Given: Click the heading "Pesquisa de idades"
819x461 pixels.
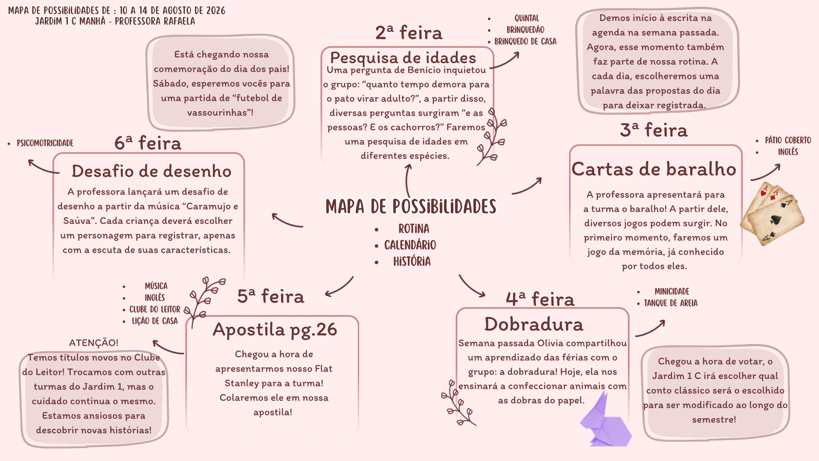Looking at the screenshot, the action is (x=403, y=58).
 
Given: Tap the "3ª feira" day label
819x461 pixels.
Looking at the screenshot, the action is (x=653, y=130).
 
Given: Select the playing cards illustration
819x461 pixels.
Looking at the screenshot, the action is (x=772, y=213).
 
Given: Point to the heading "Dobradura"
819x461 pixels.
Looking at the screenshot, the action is (x=534, y=324).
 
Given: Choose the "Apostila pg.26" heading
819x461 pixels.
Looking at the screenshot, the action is (x=275, y=330).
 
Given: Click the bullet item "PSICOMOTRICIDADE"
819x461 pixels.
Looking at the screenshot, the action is (x=45, y=143).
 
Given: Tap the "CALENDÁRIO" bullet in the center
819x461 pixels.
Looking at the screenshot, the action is (x=410, y=245).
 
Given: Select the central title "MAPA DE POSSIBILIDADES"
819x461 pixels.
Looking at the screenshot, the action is (x=411, y=207).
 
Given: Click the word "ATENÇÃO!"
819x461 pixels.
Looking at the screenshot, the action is (x=94, y=343).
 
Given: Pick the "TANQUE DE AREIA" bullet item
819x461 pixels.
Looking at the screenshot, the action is (x=671, y=303).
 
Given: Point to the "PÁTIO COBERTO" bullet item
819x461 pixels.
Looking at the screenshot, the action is (x=788, y=140).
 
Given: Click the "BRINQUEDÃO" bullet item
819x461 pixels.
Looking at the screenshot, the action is (x=526, y=30).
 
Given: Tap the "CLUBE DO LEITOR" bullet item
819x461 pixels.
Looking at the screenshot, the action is (x=155, y=309).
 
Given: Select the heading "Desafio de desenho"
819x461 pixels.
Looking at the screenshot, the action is (x=151, y=171).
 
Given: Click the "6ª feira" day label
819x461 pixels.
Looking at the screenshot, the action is (x=148, y=143).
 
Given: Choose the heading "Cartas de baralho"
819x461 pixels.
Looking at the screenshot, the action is (x=654, y=169).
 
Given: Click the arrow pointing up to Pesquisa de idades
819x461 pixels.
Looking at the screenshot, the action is (x=408, y=181).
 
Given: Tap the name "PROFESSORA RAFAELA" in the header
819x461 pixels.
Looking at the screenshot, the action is (x=155, y=21).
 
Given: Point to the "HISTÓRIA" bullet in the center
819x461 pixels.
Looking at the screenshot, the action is (x=412, y=261).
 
